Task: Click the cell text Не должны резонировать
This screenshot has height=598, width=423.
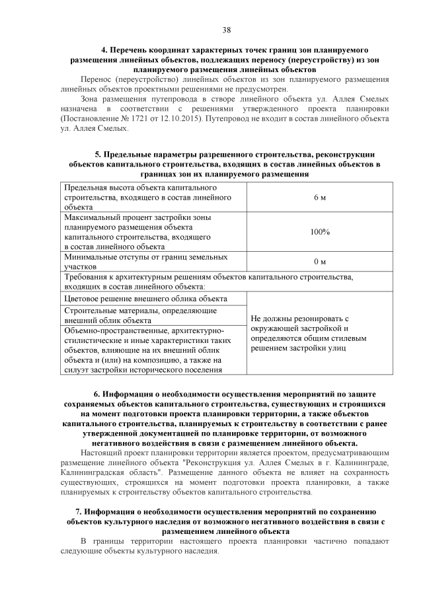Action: coord(297,318)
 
